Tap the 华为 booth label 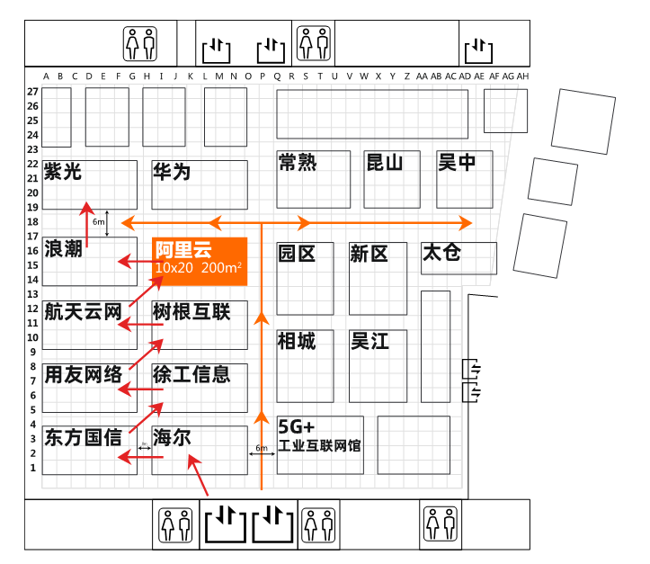[x=172, y=172]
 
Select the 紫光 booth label [x=62, y=171]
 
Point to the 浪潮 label [x=63, y=248]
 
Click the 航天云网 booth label [x=83, y=312]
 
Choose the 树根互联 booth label [x=191, y=312]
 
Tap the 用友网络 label [x=83, y=374]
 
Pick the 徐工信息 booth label [x=191, y=373]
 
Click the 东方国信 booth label [x=83, y=438]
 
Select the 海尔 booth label [x=172, y=438]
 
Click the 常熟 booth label [x=297, y=163]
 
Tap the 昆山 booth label [x=384, y=163]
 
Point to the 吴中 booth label [x=457, y=163]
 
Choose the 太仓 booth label [x=441, y=253]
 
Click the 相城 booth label [x=297, y=341]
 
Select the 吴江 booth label [x=370, y=341]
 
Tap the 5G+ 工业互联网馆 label [x=319, y=434]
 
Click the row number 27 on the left [x=32, y=92]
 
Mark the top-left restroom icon [x=140, y=41]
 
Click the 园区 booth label [x=297, y=254]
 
